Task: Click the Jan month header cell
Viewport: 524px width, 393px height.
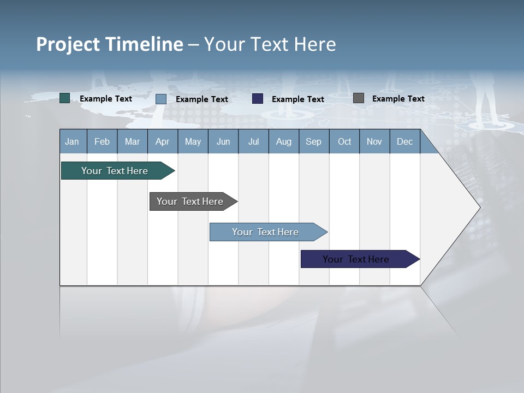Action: [72, 141]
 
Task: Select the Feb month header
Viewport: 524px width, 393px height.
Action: [102, 141]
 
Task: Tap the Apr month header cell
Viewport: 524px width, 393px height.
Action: [162, 141]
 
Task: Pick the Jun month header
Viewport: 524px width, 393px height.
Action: [223, 141]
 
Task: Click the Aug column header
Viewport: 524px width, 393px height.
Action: [283, 141]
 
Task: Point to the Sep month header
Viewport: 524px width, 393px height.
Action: [313, 141]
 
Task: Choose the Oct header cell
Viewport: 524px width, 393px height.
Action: [344, 141]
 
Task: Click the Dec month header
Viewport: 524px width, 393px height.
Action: [404, 141]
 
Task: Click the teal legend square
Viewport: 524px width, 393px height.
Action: [65, 98]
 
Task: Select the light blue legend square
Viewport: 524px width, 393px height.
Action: [161, 99]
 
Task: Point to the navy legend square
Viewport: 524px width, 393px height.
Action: [258, 99]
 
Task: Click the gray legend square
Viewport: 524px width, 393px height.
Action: [359, 98]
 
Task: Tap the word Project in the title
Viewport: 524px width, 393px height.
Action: [68, 44]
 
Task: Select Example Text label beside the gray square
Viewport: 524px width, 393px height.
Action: [398, 98]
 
